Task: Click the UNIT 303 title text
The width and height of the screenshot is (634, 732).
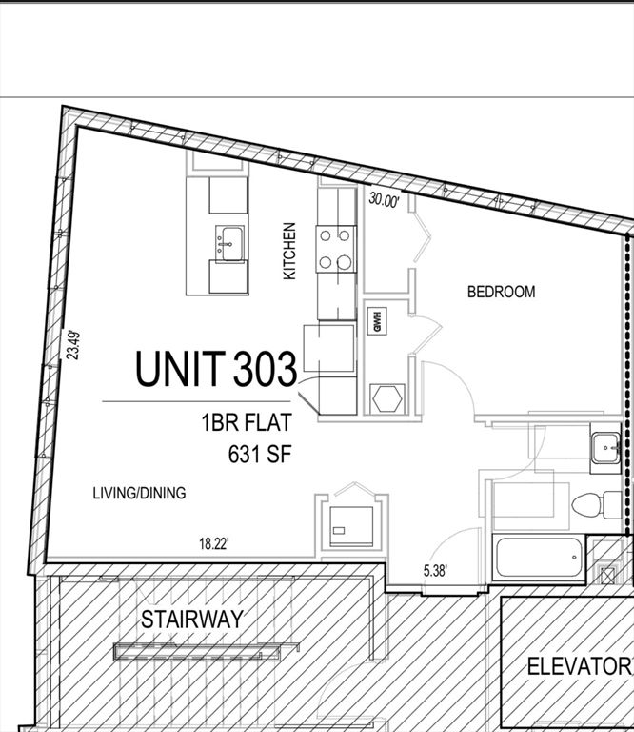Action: tap(216, 369)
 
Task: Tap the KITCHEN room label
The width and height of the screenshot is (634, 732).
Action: tap(289, 252)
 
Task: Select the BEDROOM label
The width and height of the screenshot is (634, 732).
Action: tap(501, 292)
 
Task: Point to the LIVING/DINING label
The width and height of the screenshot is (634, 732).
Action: tap(139, 493)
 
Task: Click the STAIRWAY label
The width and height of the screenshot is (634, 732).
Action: tap(192, 620)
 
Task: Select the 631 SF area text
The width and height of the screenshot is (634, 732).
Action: tap(259, 454)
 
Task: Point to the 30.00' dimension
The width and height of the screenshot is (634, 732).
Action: tap(385, 200)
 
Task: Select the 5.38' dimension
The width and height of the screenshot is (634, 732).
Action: tap(439, 572)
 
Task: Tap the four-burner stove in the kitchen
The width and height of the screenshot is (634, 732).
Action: tap(336, 248)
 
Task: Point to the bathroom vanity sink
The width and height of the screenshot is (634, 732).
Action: tap(604, 448)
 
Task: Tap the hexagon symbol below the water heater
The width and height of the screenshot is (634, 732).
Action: tap(387, 397)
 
